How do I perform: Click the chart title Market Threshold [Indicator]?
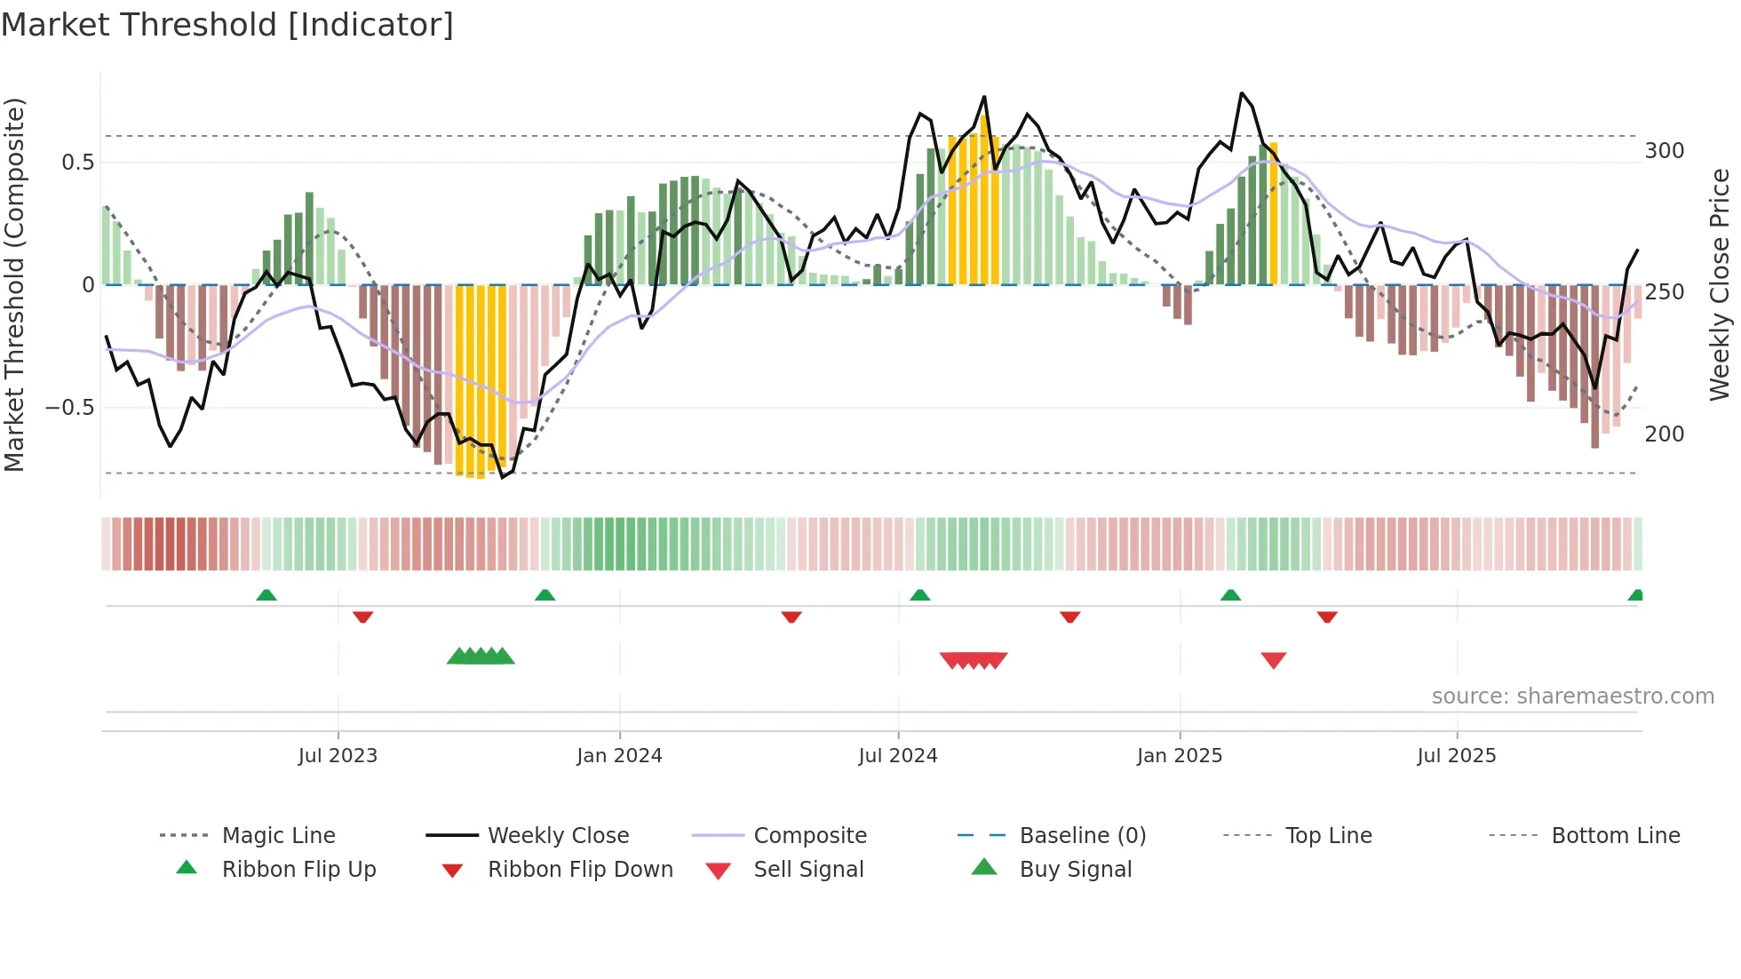point(227,25)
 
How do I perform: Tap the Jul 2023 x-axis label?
point(338,756)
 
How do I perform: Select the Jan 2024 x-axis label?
point(619,756)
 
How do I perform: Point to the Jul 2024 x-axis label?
point(898,756)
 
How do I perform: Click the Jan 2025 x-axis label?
point(1180,756)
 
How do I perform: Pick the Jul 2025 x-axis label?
point(1457,756)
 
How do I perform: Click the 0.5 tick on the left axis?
point(77,163)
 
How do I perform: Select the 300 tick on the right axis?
point(1664,151)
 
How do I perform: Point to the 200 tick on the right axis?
point(1664,434)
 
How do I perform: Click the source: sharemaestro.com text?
point(1572,696)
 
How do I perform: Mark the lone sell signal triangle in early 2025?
point(1274,660)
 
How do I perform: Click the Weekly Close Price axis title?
point(1720,284)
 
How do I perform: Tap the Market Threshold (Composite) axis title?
point(15,284)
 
